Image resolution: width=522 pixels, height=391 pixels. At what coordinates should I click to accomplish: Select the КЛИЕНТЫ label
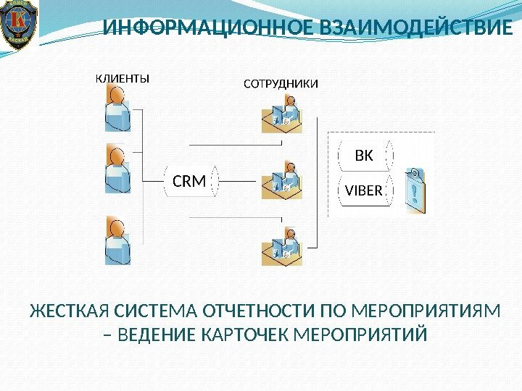pyautogui.click(x=123, y=79)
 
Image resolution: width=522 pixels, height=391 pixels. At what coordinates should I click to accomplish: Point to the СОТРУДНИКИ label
pyautogui.click(x=280, y=84)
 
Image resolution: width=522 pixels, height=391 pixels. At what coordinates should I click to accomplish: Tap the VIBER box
pyautogui.click(x=363, y=191)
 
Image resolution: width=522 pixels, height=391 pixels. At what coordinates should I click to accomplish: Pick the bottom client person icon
pyautogui.click(x=116, y=240)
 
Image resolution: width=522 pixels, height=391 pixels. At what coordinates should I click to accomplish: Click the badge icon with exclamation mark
pyautogui.click(x=414, y=190)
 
